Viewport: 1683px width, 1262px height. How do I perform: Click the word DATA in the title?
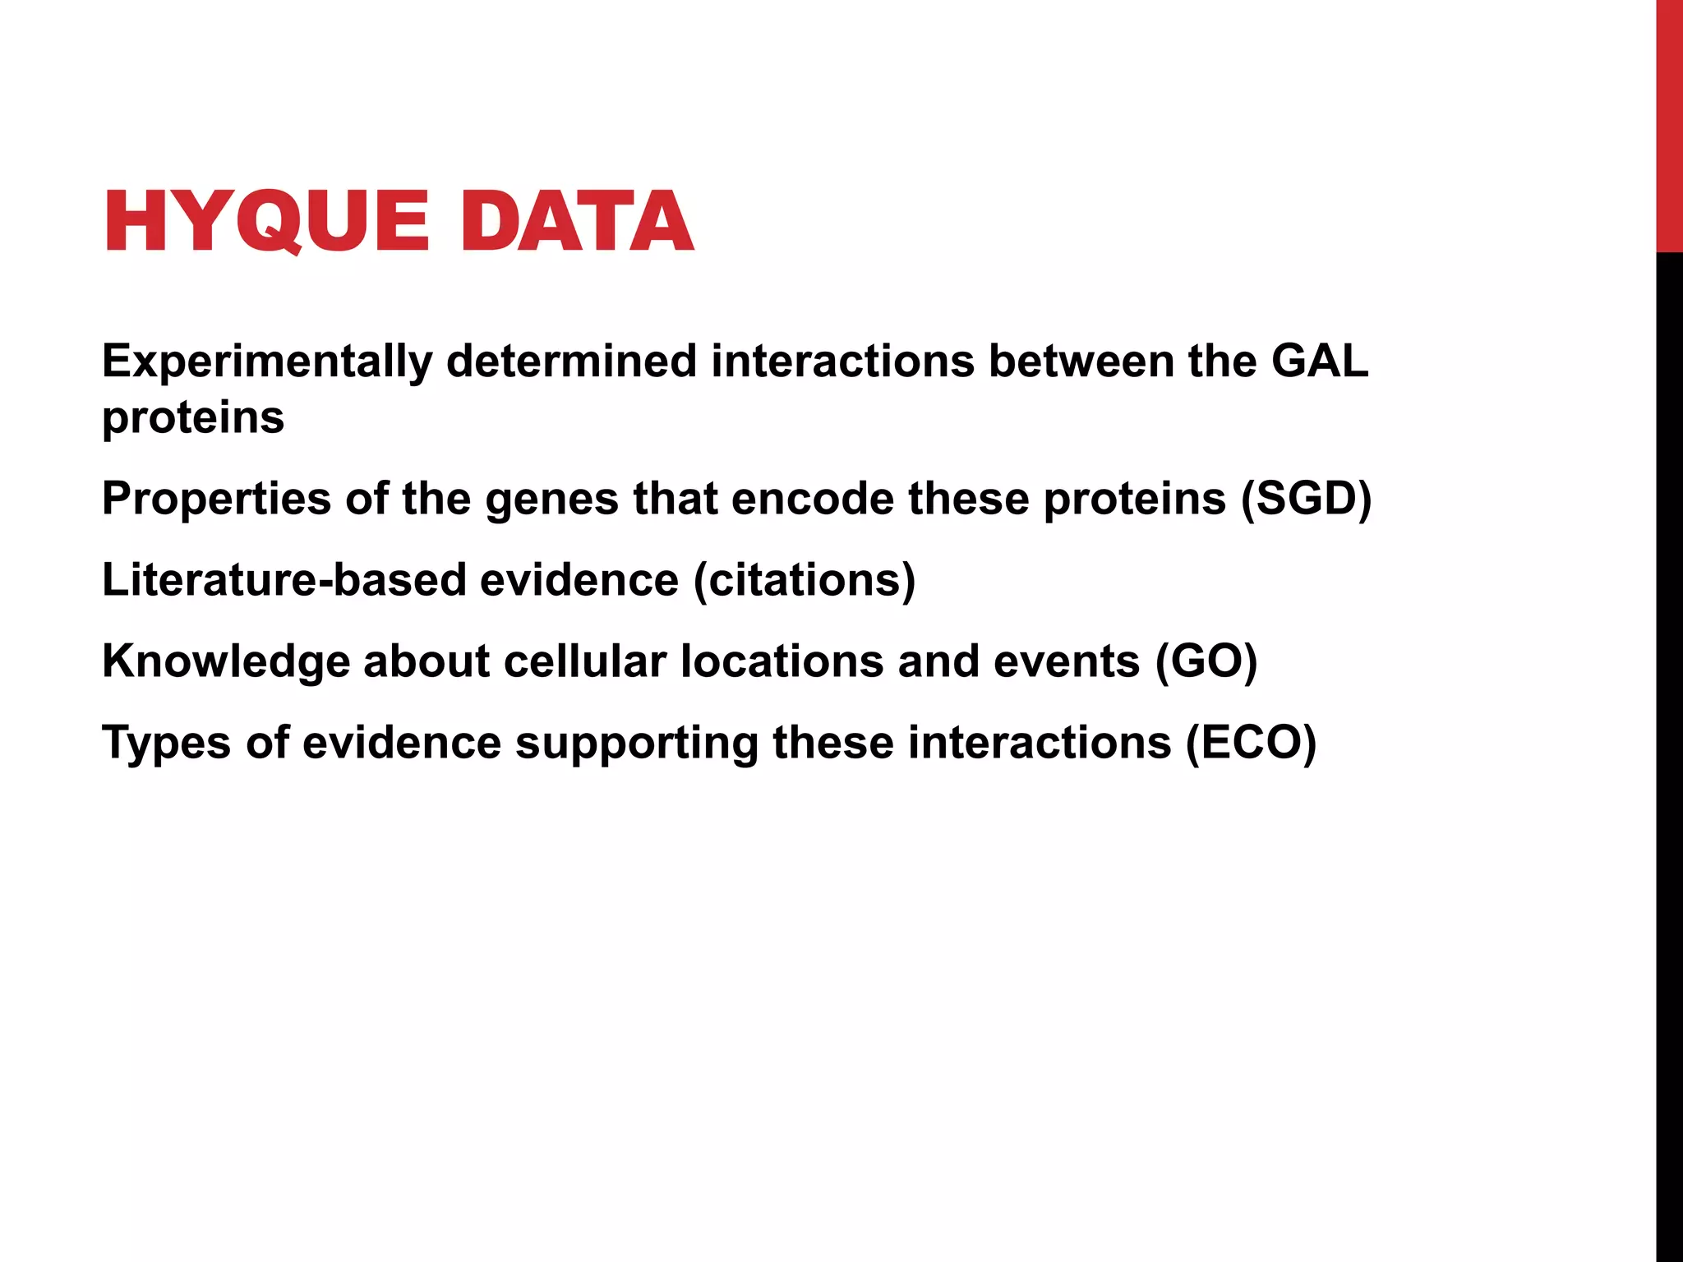pos(578,221)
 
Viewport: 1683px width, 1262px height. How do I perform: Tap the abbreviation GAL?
pos(1320,362)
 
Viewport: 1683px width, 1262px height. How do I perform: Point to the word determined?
pos(571,362)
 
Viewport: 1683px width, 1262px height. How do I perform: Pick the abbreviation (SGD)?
pos(1307,499)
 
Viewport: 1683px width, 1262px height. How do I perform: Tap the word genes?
pos(551,499)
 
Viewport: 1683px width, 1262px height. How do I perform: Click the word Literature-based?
pos(284,580)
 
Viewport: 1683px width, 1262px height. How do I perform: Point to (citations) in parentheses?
pos(805,580)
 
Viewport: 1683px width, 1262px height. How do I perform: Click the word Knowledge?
pos(226,661)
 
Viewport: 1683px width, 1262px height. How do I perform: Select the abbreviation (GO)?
pos(1206,661)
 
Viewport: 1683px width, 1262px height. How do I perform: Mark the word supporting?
pos(636,743)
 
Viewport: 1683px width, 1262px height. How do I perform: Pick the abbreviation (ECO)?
pos(1251,743)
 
